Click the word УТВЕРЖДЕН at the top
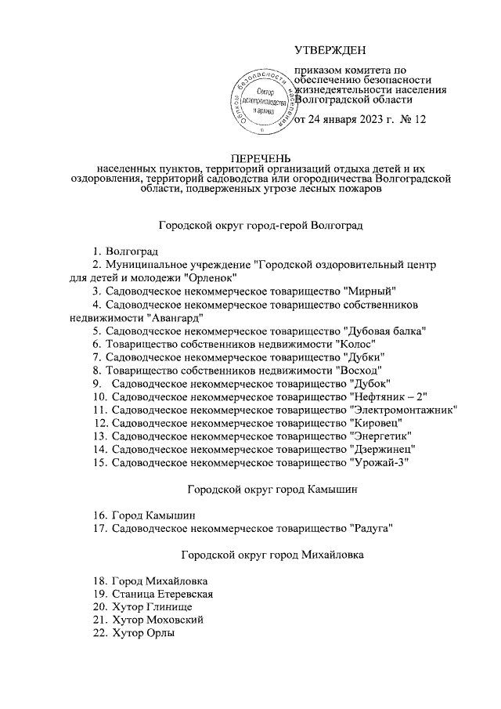pyautogui.click(x=335, y=51)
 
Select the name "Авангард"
pyautogui.click(x=175, y=317)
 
